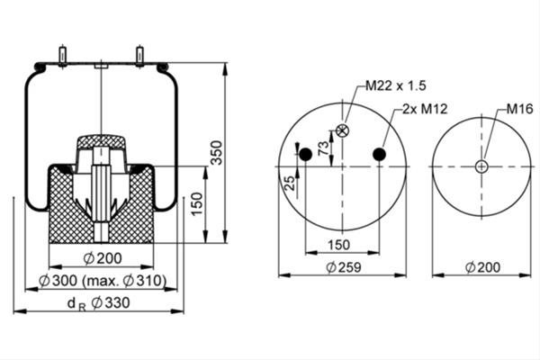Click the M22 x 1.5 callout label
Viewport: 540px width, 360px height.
[395, 85]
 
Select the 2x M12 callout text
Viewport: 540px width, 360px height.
[425, 109]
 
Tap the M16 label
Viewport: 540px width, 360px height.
[519, 109]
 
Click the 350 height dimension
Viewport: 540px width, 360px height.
[217, 153]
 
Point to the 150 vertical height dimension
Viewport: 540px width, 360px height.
[197, 204]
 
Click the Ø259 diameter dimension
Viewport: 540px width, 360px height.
[344, 267]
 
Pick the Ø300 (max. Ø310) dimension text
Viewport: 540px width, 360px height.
[103, 281]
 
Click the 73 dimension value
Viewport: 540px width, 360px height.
[323, 148]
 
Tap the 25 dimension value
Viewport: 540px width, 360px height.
[291, 183]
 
